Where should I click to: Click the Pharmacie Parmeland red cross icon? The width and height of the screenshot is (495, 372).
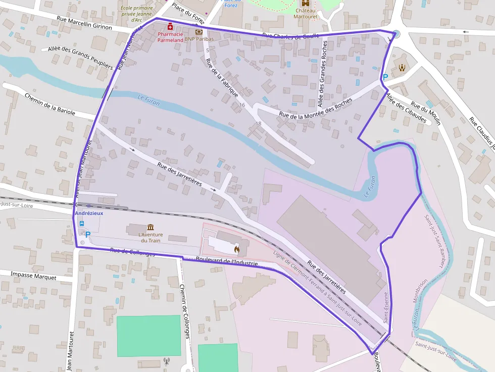pos(170,26)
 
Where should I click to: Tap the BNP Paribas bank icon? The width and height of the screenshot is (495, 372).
pos(199,32)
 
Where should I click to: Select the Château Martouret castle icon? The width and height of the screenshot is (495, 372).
pos(305,3)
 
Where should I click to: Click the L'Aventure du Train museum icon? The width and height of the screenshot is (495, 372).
pos(151,228)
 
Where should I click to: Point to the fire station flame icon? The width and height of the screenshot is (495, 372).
pos(236,248)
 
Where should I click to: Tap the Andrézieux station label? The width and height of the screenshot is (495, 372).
pos(89,214)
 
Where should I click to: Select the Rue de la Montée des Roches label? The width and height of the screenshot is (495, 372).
pos(316,109)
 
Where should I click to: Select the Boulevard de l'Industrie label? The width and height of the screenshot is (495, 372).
pos(227,261)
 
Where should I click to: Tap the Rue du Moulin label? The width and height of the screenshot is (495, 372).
pos(426,114)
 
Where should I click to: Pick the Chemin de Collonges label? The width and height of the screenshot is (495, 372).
pos(185,311)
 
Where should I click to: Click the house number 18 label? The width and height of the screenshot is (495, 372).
pos(259,124)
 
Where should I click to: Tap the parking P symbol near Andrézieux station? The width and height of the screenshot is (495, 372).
pos(88,234)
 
